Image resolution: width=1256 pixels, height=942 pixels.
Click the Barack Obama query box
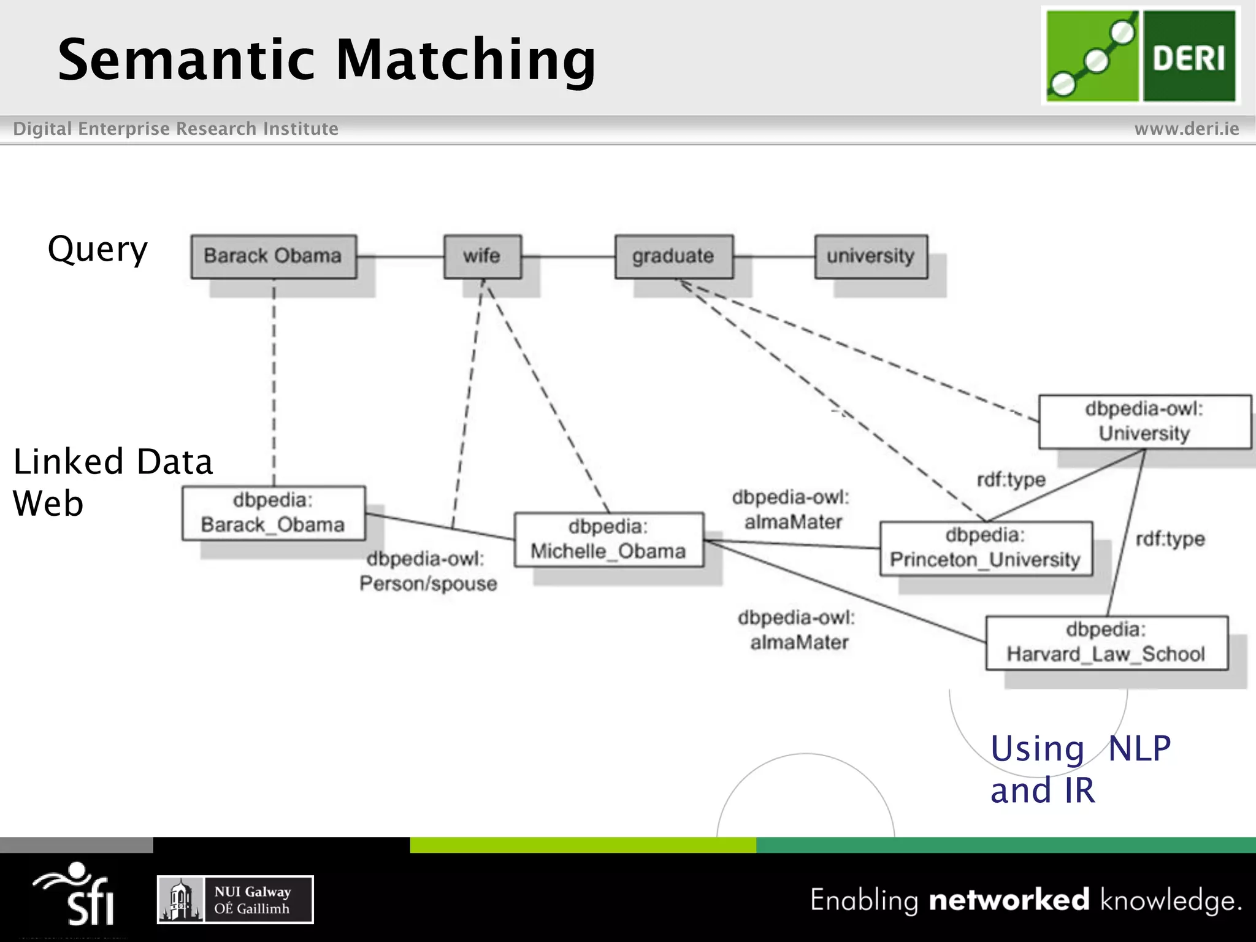(274, 256)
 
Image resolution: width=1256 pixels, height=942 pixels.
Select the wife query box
(483, 256)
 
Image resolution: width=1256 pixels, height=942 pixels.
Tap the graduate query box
(673, 256)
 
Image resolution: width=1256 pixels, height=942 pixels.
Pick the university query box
(871, 256)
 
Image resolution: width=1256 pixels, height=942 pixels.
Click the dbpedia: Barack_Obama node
(274, 513)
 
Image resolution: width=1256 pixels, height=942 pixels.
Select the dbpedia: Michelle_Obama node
(608, 540)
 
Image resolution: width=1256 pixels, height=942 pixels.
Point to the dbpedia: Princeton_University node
(986, 548)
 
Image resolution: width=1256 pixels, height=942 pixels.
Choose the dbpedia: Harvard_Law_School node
(1106, 643)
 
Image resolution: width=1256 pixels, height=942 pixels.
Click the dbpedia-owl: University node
(1144, 422)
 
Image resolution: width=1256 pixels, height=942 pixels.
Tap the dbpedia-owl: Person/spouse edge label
(427, 572)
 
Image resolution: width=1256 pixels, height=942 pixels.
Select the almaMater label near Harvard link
(798, 630)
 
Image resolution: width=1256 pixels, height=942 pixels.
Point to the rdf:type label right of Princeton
(1170, 540)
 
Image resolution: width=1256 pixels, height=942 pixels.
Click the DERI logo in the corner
(1141, 56)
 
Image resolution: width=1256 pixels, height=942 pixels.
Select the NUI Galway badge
(235, 900)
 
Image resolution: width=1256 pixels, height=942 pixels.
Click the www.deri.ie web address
(1186, 129)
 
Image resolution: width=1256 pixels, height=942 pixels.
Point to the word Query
(98, 250)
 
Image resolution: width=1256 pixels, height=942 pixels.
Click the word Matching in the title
(466, 60)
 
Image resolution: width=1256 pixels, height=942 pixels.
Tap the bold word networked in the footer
(1009, 900)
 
